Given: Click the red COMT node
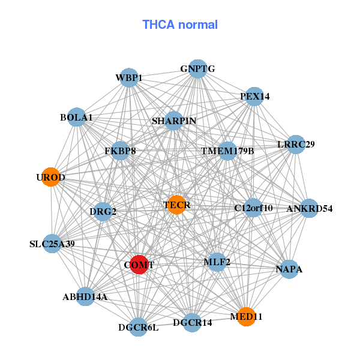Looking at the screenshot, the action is coord(139,265).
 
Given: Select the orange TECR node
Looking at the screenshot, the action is coord(176,205).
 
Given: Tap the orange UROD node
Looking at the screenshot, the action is coord(50,177).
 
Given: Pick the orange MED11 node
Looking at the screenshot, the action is coord(246,316).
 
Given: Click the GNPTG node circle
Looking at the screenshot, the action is coord(197,69).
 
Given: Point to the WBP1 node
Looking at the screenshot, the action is coord(129,77).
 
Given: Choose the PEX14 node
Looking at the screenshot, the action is coord(255,96).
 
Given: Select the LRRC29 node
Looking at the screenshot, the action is coord(296,144).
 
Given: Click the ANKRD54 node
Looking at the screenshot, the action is coord(309,208).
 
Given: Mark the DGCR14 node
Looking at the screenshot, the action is coord(192,323).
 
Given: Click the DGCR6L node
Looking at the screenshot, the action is coord(139,327).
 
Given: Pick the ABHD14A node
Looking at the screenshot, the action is coord(85,296).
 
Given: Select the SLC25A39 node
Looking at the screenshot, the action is coord(52,244).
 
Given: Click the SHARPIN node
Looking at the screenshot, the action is coord(174,121).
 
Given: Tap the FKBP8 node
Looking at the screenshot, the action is coord(120,151).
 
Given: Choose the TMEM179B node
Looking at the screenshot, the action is coord(227,151).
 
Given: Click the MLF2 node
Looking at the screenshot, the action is coord(217,262).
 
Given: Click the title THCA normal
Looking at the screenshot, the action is coord(180,25).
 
